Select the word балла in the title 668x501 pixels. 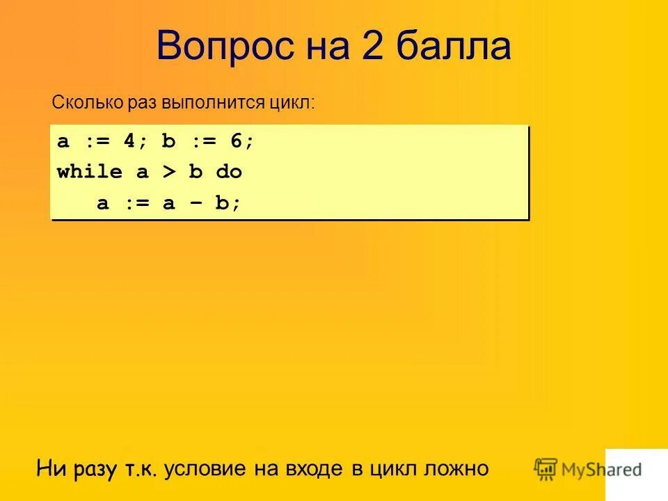(455, 47)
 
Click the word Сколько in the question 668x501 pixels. (87, 103)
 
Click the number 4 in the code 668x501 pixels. (129, 141)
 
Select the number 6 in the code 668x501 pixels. (236, 141)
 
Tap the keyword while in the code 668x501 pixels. (90, 172)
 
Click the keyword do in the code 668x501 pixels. (229, 172)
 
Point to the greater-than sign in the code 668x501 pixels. (170, 172)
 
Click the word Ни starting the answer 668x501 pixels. (51, 468)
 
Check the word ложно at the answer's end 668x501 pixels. (456, 468)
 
